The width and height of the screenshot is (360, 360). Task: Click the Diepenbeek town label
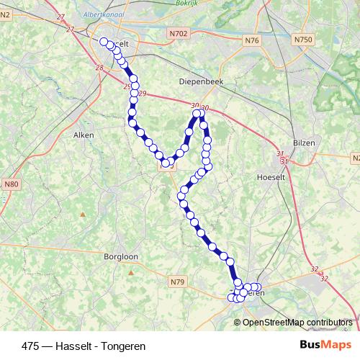(202, 82)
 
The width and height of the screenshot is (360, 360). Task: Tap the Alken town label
(84, 135)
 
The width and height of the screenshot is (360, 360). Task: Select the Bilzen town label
(305, 143)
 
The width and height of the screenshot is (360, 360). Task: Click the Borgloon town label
(120, 256)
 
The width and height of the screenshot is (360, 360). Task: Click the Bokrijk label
(186, 4)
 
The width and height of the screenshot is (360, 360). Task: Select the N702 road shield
(180, 33)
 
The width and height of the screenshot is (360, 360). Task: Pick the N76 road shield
(251, 40)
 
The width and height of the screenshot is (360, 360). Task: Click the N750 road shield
(302, 40)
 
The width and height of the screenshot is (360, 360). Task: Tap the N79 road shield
(178, 281)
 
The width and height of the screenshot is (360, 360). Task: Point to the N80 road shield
(11, 185)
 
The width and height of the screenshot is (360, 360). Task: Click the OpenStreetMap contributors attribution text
(297, 322)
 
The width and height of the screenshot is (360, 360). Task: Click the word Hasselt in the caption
(70, 346)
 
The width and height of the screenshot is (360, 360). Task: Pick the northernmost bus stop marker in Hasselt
(104, 42)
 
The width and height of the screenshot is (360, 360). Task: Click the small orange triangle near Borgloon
(83, 214)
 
